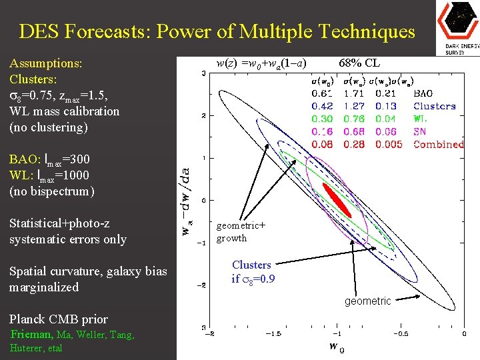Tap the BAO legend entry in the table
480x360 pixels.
pos(423,94)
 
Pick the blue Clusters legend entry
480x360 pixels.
pos(434,106)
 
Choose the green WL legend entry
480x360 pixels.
pos(421,119)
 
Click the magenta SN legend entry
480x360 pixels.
pos(419,131)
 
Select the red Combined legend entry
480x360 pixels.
pos(438,144)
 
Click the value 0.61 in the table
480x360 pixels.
pos(323,94)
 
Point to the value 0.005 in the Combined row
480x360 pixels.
pos(388,144)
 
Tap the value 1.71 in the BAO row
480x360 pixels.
pos(355,94)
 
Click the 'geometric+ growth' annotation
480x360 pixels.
pos(240,232)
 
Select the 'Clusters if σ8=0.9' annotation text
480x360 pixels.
pos(251,272)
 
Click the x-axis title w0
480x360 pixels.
pos(337,346)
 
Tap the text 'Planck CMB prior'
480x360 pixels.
pos(59,319)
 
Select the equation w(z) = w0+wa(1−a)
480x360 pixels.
pos(261,63)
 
